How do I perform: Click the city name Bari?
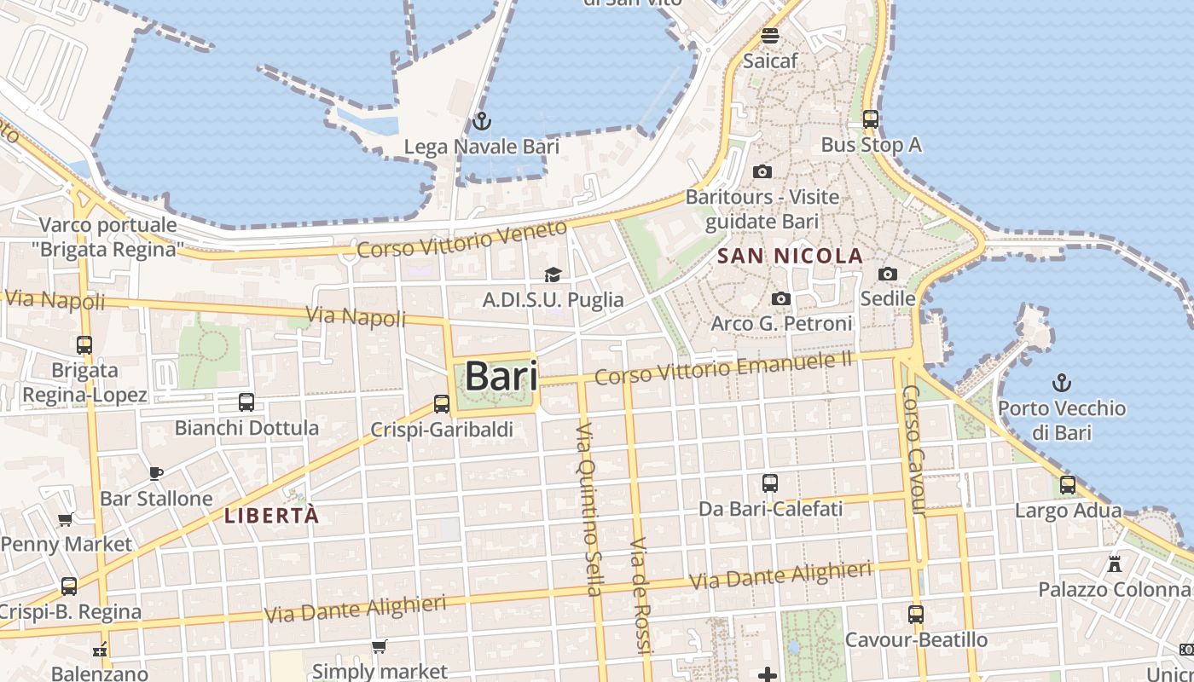pos(501,376)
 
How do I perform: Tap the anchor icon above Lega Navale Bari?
pos(482,121)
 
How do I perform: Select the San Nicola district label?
pos(790,256)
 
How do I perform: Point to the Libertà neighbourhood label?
pos(271,515)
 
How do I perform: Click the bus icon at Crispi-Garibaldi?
pos(442,404)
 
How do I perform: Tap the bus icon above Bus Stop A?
pos(871,119)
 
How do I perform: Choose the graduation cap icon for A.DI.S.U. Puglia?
pos(553,275)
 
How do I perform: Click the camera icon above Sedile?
pos(888,274)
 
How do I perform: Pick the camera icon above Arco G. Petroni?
pos(780,298)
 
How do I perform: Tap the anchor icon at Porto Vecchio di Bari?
pos(1062,382)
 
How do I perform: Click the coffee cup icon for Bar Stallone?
pos(156,473)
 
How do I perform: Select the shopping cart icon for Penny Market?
pos(65,519)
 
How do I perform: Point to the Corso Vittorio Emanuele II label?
pos(723,368)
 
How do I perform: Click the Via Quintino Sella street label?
pos(589,508)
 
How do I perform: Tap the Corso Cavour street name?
pos(913,450)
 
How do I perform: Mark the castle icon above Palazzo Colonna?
pos(1114,564)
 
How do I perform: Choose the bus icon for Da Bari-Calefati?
pos(770,483)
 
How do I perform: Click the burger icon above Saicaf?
pos(770,36)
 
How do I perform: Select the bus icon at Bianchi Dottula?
pos(246,402)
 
